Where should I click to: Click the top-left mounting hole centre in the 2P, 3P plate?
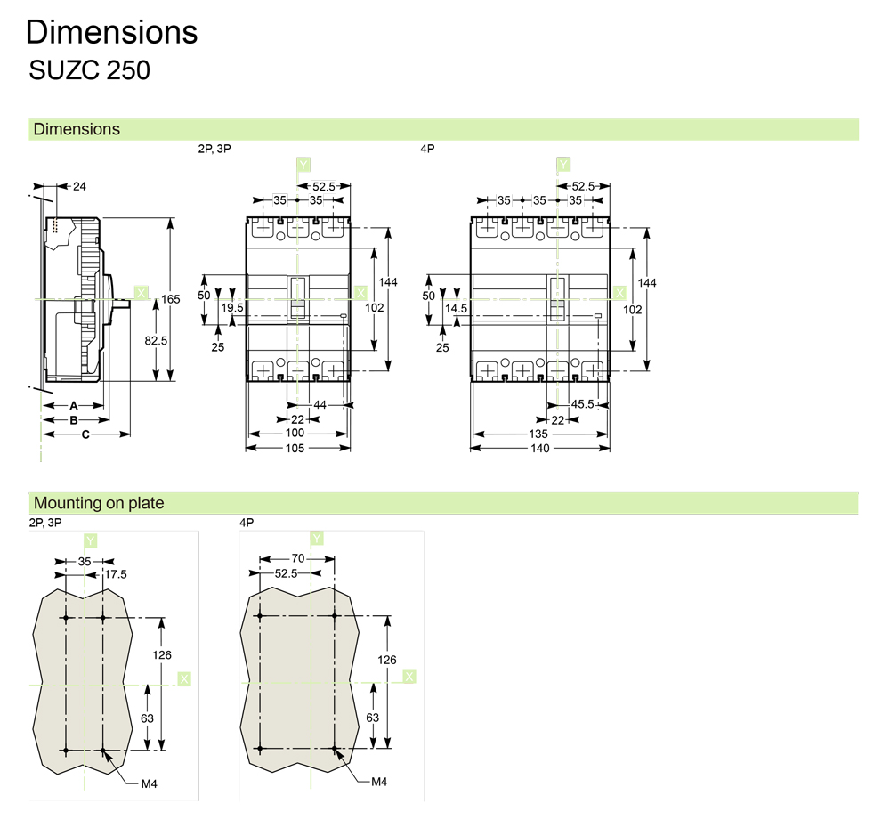66,617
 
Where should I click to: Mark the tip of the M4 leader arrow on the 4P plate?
335,749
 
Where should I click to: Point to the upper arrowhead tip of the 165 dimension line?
170,218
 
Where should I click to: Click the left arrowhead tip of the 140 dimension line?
471,448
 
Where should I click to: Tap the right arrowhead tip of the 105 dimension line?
351,448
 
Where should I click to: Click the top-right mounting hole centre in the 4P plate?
335,615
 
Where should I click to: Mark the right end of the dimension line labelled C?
131,434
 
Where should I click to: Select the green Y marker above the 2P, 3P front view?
303,165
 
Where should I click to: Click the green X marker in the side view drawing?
141,293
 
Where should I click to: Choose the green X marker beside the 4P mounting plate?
409,676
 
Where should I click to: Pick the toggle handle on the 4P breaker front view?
558,299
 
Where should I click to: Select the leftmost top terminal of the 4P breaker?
487,228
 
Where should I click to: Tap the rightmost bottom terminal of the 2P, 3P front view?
333,371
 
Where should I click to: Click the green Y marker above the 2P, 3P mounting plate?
90,540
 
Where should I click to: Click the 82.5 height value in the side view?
156,341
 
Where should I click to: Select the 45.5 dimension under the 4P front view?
582,404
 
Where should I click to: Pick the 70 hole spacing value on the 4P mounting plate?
298,558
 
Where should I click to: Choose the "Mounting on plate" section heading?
99,503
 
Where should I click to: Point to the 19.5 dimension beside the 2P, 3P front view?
232,308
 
